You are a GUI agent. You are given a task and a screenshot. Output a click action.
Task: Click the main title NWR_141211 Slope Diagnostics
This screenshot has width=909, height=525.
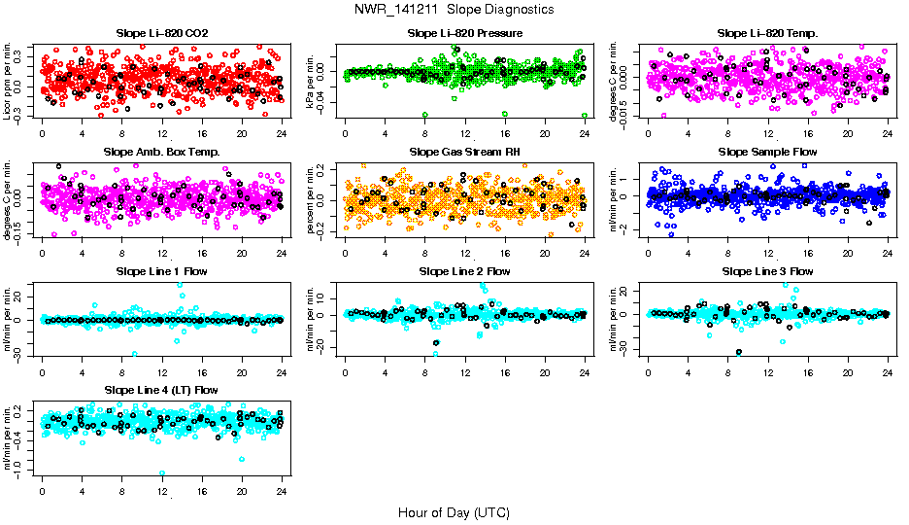[x=454, y=9]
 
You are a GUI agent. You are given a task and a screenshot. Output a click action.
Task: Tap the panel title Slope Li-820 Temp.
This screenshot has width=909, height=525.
[x=767, y=33]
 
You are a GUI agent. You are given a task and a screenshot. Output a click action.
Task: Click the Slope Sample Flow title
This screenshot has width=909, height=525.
[x=767, y=152]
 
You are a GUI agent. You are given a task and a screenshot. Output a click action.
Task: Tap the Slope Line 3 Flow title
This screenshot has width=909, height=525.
[x=767, y=271]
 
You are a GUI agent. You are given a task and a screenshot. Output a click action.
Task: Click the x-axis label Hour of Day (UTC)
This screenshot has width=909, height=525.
[x=454, y=511]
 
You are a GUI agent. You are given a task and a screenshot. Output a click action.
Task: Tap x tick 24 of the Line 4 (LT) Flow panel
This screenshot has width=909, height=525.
[x=282, y=491]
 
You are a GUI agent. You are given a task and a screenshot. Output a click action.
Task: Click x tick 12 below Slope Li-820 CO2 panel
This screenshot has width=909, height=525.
[x=162, y=133]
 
